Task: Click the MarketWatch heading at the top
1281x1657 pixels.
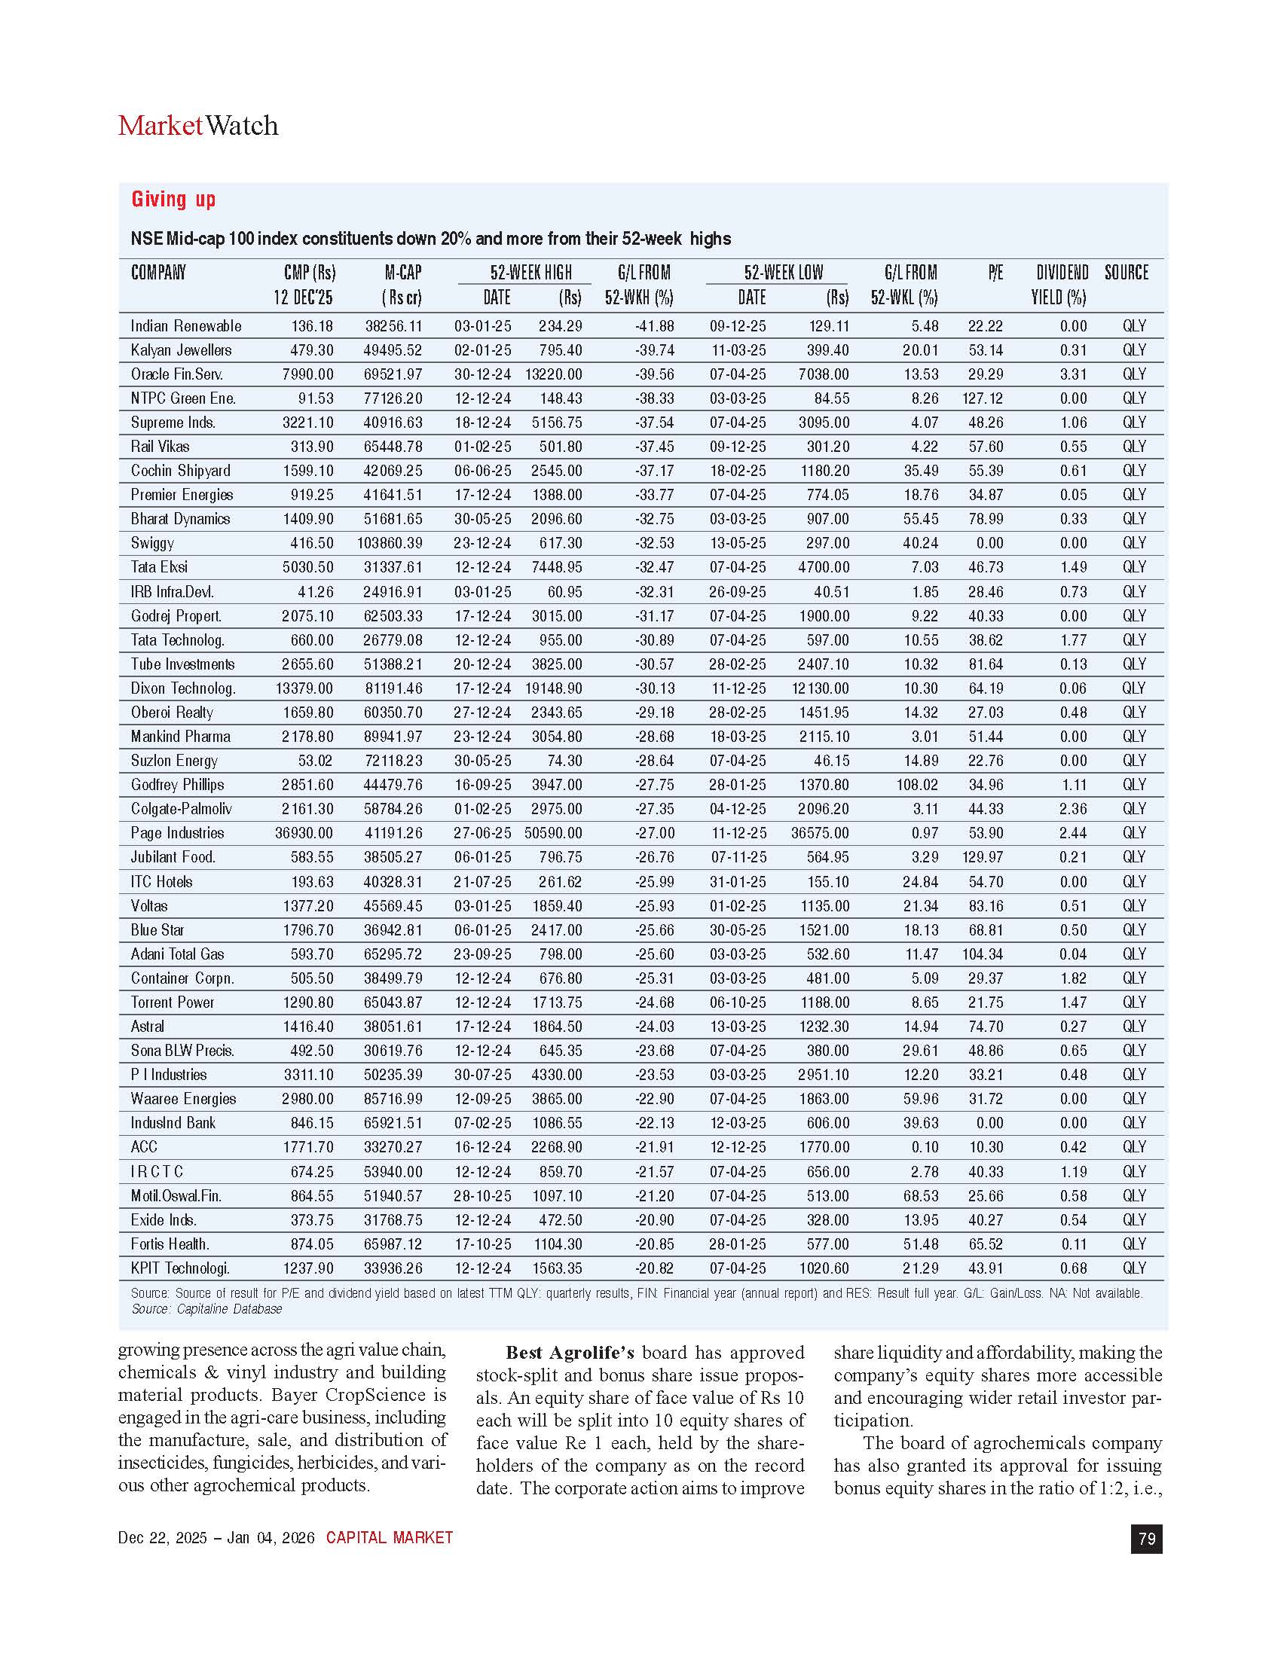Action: pos(198,126)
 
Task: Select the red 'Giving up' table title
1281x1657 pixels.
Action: pos(174,200)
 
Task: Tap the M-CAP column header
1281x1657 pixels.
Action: pos(402,273)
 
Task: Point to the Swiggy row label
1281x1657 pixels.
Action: pos(152,543)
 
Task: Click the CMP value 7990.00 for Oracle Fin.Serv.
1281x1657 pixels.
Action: pos(308,374)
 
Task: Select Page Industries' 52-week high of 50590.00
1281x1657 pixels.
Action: pos(553,833)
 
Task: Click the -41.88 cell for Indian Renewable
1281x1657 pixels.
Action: pos(654,326)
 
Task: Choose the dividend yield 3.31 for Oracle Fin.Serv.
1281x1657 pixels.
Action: pos(1073,374)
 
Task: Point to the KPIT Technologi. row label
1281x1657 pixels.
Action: pos(180,1268)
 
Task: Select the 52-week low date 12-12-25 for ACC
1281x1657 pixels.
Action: pos(738,1147)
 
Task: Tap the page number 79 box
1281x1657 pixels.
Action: pos(1146,1539)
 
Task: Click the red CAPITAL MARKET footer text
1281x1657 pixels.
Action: pos(390,1538)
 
